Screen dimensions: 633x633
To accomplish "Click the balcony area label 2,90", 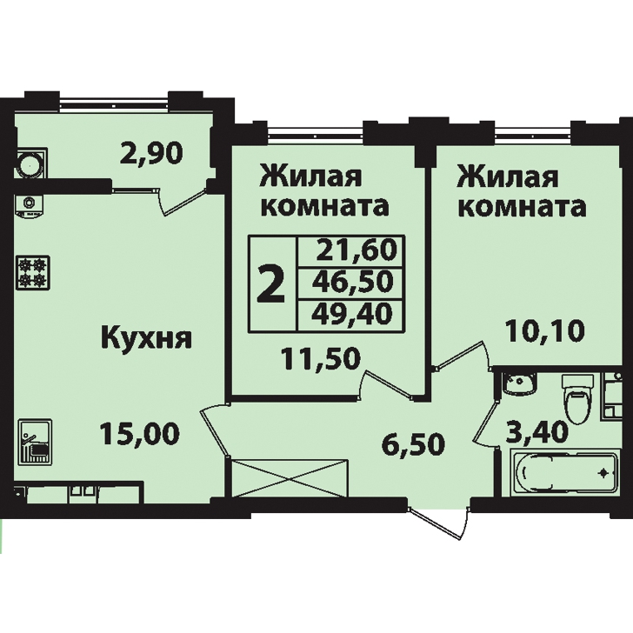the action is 151,154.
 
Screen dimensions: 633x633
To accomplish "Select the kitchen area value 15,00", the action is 140,434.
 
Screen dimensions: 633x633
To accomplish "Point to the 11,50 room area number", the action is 321,359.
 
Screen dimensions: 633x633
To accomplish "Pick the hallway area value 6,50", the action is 413,444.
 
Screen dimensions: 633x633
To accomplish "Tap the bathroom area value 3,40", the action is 537,432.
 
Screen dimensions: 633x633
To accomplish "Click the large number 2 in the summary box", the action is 271,283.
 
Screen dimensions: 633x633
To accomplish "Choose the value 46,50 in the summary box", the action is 353,282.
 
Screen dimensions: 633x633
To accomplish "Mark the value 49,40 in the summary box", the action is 352,314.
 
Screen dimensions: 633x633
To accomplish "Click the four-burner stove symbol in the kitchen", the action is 33,272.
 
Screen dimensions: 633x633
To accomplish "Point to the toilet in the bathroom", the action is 577,397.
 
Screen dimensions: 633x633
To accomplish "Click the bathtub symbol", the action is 563,471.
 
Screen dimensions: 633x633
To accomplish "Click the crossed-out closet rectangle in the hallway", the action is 289,478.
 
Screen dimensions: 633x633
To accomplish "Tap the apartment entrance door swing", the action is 440,522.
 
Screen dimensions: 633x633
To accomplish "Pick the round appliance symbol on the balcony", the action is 30,163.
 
